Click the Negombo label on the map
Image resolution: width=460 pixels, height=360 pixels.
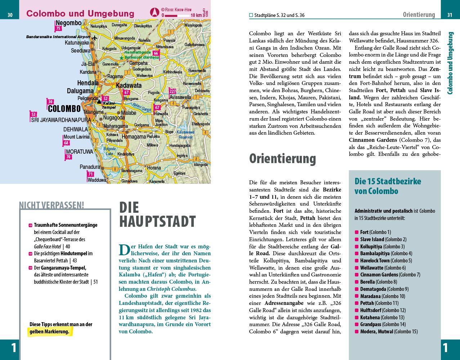[x=68, y=23]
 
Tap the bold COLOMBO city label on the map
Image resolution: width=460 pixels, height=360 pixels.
[x=64, y=108]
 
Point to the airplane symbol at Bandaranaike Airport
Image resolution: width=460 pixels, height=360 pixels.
[x=95, y=37]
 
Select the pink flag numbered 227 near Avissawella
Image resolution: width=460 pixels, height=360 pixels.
[x=173, y=91]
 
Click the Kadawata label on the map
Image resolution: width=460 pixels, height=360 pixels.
[x=129, y=86]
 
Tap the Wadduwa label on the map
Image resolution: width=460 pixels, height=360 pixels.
[x=97, y=180]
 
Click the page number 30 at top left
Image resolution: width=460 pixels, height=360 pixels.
[x=10, y=15]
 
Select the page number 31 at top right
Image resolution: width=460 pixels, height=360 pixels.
[x=450, y=15]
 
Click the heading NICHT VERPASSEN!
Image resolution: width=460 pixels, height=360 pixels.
[x=52, y=205]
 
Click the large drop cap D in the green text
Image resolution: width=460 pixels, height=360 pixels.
[x=124, y=250]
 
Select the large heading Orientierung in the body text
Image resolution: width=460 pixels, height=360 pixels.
[x=282, y=158]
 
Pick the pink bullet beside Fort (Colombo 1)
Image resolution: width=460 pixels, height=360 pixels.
[x=357, y=232]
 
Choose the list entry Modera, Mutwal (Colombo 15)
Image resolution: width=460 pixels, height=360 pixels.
[x=389, y=332]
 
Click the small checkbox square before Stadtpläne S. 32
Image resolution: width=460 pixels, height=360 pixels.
[x=251, y=15]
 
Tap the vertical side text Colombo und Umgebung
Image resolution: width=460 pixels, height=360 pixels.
[x=450, y=63]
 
